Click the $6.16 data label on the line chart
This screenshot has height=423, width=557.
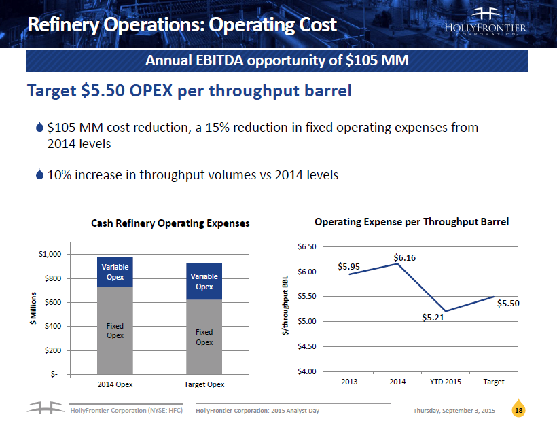[404, 257]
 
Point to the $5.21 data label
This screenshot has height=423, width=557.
[433, 317]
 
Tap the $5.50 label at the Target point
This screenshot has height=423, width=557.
[508, 304]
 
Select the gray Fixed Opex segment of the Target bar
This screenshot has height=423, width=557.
[204, 337]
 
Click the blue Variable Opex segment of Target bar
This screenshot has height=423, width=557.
[204, 281]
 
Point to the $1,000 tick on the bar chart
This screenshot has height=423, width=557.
[48, 254]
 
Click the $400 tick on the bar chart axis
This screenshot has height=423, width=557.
[52, 326]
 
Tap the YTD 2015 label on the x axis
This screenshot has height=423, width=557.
[445, 382]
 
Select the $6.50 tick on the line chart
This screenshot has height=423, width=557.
[307, 246]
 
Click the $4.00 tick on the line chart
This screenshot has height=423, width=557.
[307, 371]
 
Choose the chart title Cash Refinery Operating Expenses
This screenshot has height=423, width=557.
[170, 223]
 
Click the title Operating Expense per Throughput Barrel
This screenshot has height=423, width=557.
[412, 221]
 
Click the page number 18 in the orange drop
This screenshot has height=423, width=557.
[519, 411]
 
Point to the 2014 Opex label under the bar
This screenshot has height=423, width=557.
[115, 384]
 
